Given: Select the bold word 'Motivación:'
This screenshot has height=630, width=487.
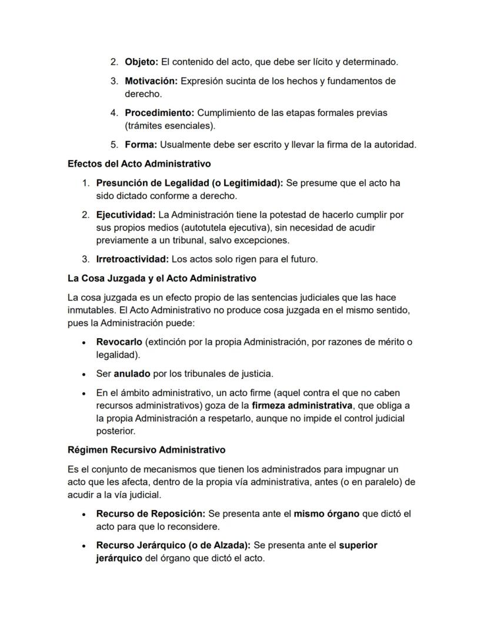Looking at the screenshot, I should pyautogui.click(x=151, y=81).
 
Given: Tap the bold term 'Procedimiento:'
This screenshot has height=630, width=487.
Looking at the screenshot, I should pyautogui.click(x=159, y=112).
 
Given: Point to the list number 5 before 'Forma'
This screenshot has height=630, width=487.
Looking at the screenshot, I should pyautogui.click(x=114, y=145).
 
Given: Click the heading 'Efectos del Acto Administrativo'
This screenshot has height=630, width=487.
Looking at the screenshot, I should pyautogui.click(x=139, y=164).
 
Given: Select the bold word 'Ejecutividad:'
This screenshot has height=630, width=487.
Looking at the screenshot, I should pyautogui.click(x=126, y=215).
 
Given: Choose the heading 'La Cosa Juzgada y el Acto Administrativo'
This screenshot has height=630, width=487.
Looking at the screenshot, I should pyautogui.click(x=162, y=278).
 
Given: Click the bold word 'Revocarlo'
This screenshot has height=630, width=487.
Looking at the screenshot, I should pyautogui.click(x=119, y=342).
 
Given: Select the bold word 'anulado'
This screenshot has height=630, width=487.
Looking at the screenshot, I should pyautogui.click(x=132, y=374).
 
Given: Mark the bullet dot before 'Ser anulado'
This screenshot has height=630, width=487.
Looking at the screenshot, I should pyautogui.click(x=84, y=374).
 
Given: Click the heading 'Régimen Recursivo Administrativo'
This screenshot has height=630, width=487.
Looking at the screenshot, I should pyautogui.click(x=146, y=450).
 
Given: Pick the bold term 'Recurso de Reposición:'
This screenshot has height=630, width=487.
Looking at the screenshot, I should pyautogui.click(x=151, y=514).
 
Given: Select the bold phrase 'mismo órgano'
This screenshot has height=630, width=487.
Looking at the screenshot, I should pyautogui.click(x=326, y=514).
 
